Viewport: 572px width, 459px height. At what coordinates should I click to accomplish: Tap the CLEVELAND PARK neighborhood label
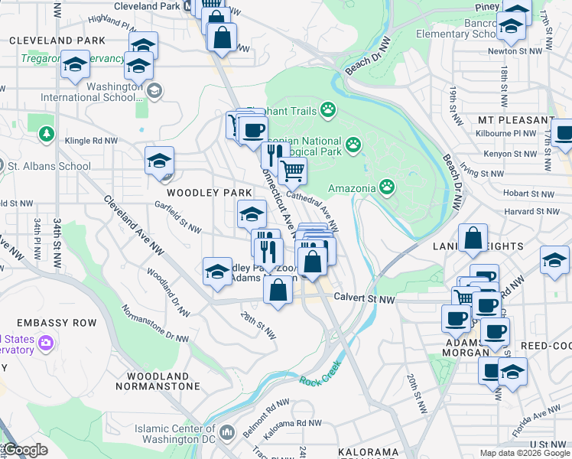(x=53, y=40)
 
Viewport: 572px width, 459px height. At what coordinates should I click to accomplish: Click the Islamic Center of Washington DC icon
(x=227, y=434)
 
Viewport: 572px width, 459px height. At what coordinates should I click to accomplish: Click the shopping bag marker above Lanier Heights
(x=473, y=238)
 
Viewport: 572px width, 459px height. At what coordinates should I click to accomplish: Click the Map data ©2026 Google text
(x=524, y=453)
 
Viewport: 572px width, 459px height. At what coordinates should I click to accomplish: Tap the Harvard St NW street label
(x=528, y=211)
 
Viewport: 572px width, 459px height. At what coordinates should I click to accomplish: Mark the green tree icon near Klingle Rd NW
(x=47, y=135)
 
